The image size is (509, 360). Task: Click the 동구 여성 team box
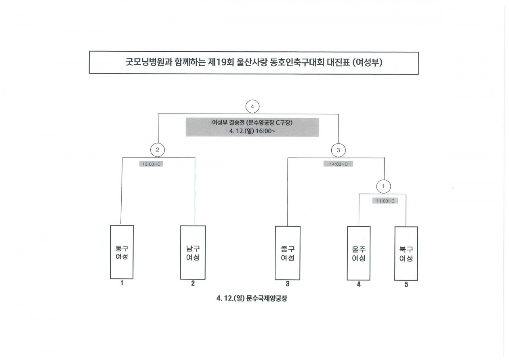(x=122, y=252)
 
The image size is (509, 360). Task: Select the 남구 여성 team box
(x=193, y=252)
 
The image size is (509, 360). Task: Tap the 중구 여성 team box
(x=288, y=253)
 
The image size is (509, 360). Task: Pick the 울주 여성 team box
(x=359, y=253)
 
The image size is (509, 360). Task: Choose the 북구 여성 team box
(x=406, y=254)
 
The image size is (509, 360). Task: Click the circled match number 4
(x=252, y=107)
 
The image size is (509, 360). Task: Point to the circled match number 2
(x=158, y=150)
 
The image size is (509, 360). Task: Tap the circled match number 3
(x=339, y=150)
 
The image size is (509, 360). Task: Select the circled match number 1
(x=383, y=187)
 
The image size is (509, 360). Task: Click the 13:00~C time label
(x=151, y=164)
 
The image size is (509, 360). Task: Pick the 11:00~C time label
(x=385, y=200)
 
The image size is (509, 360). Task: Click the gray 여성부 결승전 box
(x=252, y=127)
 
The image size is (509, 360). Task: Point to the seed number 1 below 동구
(x=121, y=283)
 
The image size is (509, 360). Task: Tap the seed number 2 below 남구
(x=193, y=284)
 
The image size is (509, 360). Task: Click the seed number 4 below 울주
(x=359, y=284)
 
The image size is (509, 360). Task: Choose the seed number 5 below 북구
(x=406, y=285)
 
